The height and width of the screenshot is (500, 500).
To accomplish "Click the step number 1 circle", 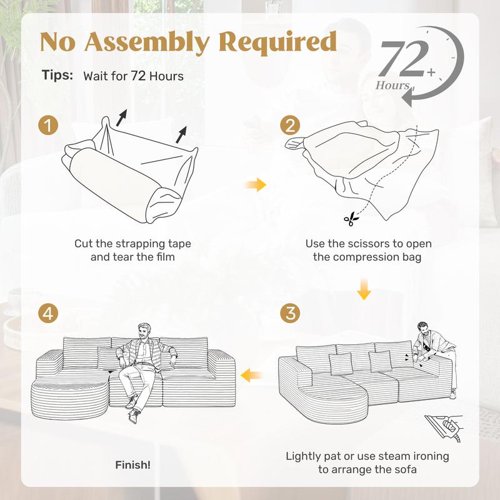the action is click(x=48, y=125).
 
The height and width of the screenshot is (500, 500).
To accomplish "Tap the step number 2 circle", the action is click(x=290, y=125).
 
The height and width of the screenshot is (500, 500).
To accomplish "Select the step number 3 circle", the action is click(x=290, y=313).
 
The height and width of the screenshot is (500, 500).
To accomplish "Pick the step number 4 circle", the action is click(x=48, y=313).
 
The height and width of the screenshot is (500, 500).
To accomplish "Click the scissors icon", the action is click(x=351, y=219).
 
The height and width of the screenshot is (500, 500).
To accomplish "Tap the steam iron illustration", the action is click(x=444, y=427).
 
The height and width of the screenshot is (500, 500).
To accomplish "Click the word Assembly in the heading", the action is click(x=147, y=42).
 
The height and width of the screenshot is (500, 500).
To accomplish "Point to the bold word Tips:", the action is click(x=57, y=75).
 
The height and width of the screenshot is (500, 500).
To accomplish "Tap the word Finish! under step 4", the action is click(x=132, y=465).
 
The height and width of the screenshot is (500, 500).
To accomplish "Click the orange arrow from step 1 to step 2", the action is click(x=256, y=184).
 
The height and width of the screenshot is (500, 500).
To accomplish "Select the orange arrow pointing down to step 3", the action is click(x=364, y=289).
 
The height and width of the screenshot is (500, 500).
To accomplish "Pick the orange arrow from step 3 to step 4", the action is click(x=251, y=374).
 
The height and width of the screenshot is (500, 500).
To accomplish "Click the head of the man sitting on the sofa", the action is click(x=144, y=332).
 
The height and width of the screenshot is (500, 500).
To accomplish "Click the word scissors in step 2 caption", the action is click(x=368, y=244).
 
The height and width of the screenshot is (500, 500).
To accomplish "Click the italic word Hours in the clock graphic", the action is click(x=392, y=85).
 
